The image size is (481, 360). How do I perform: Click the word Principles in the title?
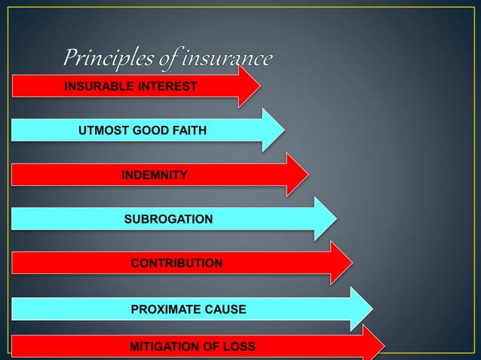(x=101, y=57)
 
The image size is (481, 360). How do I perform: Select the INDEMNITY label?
(x=155, y=175)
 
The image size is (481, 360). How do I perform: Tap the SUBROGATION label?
(x=168, y=219)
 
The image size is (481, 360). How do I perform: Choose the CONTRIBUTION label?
(x=176, y=264)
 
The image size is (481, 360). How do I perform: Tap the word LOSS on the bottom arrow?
(x=240, y=347)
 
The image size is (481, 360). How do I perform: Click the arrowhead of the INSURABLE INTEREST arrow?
(x=250, y=86)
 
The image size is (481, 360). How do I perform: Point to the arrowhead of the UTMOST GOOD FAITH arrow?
(x=273, y=130)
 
